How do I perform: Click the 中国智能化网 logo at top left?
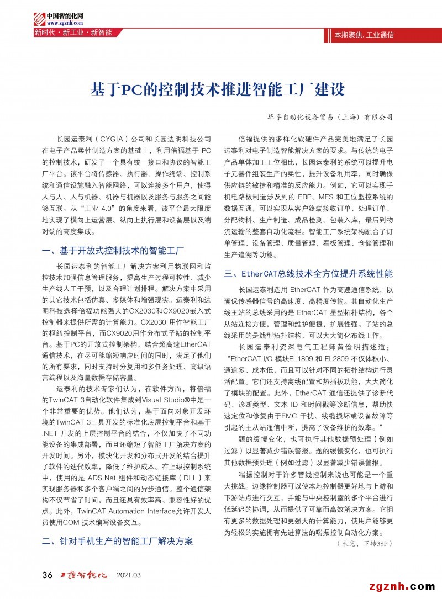[x=59, y=16]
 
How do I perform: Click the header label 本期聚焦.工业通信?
[x=364, y=35]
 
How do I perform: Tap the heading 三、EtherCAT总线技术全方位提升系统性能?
[x=308, y=274]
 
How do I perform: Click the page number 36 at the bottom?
[x=48, y=575]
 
